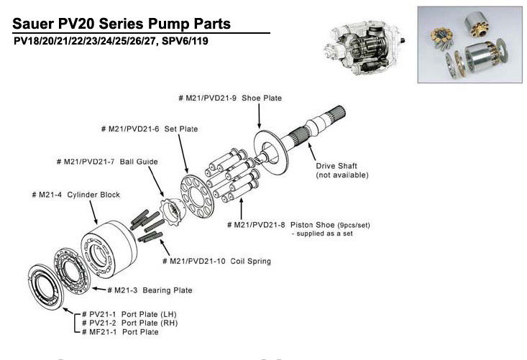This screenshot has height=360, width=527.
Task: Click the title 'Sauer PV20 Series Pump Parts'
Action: pos(122,24)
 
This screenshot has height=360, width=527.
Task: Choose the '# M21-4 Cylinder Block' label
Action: pos(75,195)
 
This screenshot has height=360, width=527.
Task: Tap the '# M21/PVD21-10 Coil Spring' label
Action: pos(216,261)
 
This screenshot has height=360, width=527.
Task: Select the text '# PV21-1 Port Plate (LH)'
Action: pos(129,315)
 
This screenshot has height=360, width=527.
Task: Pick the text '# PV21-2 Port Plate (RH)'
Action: pos(129,323)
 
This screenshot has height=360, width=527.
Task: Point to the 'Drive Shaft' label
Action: pos(337,166)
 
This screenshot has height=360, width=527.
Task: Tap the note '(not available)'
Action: pos(342,175)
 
